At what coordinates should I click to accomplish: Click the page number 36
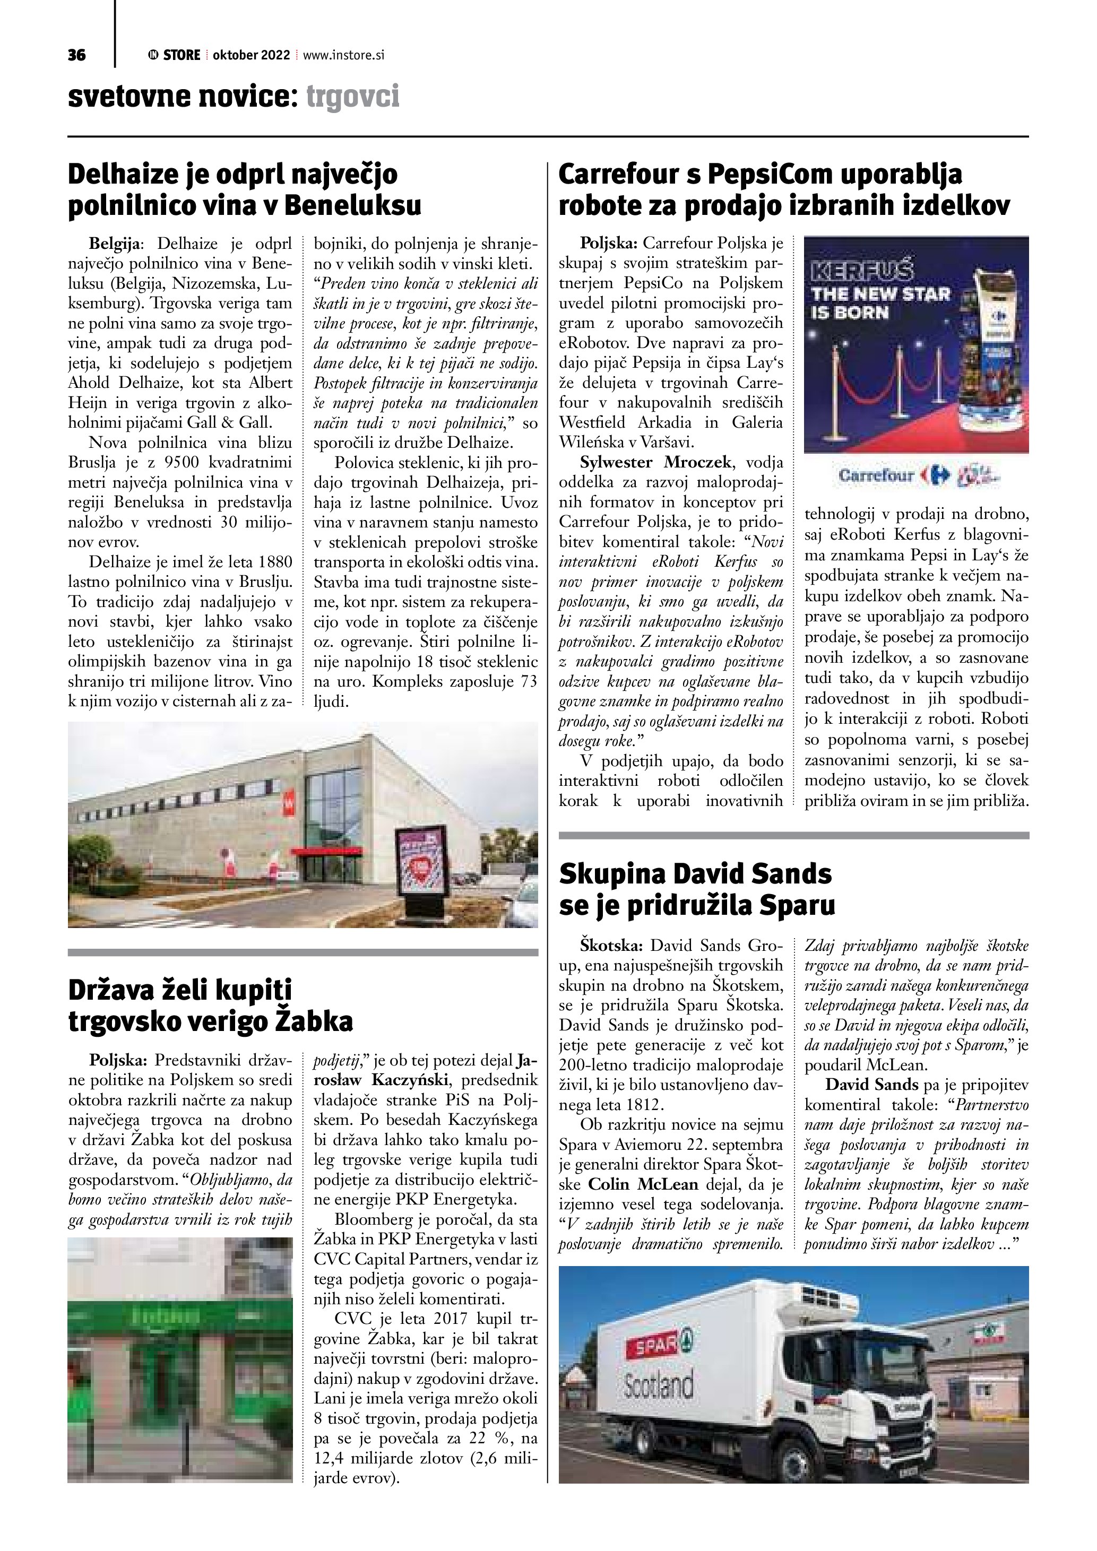(76, 55)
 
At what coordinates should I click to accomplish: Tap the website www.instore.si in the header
(344, 55)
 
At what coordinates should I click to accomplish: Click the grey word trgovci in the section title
(352, 97)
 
